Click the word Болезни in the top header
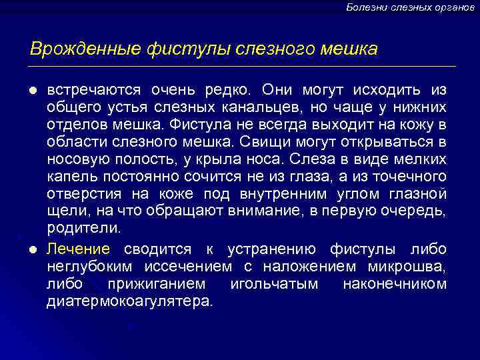coord(365,7)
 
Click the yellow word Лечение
coord(78,249)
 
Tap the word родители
coord(84,228)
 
